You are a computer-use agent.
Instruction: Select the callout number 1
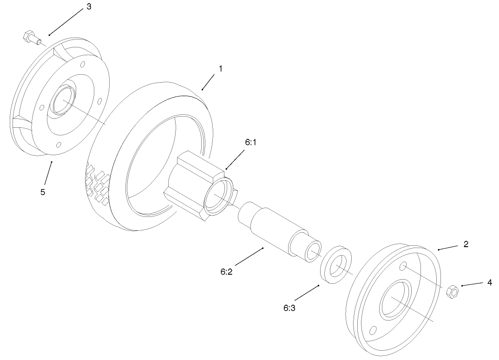click(221, 68)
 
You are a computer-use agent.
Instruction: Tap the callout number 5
click(43, 192)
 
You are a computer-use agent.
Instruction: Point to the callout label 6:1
click(251, 143)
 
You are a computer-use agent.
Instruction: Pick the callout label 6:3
click(289, 308)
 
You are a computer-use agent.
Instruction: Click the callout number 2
click(466, 244)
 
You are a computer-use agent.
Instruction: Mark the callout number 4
click(489, 281)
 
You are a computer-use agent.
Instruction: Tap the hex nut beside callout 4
click(452, 292)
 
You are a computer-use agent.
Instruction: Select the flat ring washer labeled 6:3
click(336, 263)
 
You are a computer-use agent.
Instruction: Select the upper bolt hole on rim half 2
click(403, 266)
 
